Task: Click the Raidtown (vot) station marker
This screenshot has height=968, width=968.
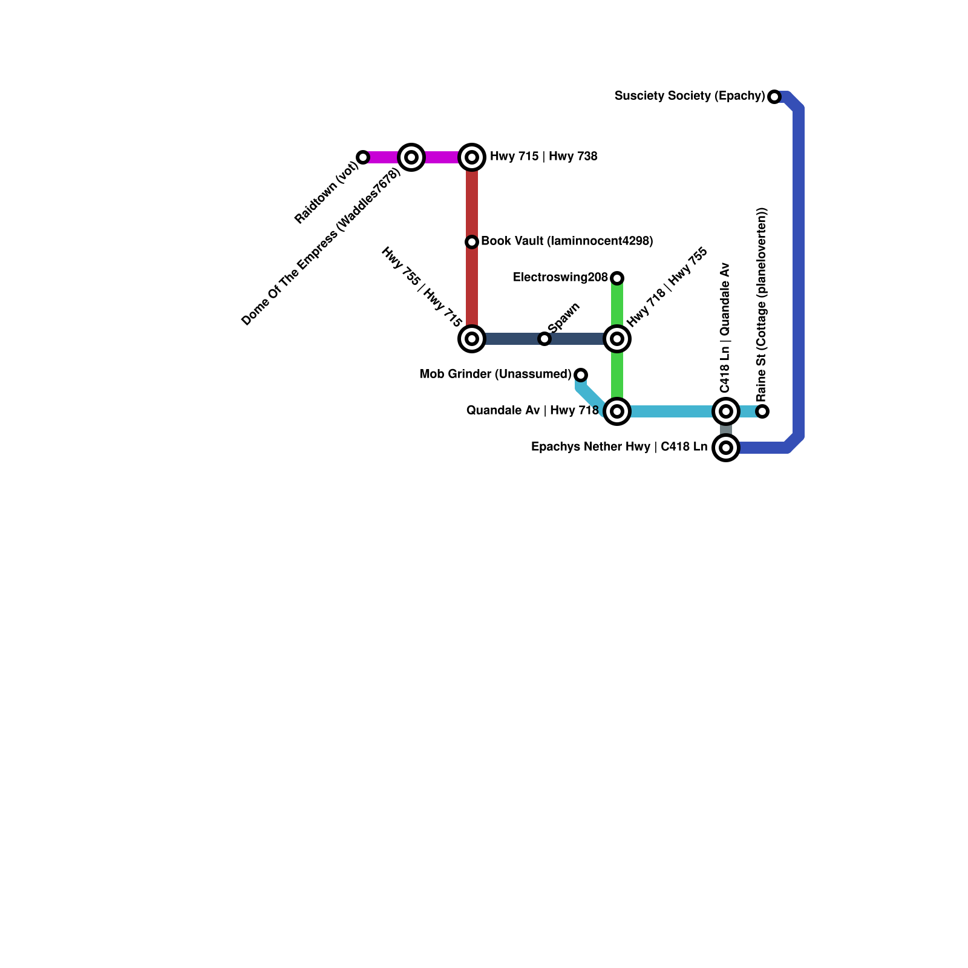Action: click(363, 157)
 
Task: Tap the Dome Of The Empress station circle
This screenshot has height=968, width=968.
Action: click(411, 157)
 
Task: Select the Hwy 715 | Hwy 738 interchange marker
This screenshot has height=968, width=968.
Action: click(472, 157)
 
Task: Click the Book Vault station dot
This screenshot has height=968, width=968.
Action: click(472, 242)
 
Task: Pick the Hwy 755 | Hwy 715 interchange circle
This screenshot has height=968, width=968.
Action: click(472, 339)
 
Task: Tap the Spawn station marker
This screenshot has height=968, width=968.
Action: click(544, 339)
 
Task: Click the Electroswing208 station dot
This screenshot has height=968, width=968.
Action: click(617, 278)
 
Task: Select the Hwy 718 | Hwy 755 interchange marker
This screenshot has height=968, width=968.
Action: click(617, 339)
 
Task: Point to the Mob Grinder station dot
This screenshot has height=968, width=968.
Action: click(581, 375)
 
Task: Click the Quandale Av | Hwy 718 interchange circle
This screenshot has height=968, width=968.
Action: click(617, 411)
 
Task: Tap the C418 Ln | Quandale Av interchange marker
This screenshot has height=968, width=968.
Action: click(726, 411)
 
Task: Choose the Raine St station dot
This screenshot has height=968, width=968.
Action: click(763, 411)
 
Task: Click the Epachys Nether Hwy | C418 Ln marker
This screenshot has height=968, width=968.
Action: click(726, 448)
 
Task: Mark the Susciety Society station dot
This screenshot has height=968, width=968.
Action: click(774, 97)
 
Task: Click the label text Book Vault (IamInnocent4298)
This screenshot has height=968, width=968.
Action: click(567, 241)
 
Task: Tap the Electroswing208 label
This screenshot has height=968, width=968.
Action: click(560, 278)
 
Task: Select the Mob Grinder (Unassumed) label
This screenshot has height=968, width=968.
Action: click(495, 374)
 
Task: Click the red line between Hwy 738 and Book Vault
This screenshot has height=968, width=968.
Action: click(472, 200)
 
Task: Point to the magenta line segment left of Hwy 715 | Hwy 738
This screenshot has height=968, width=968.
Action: click(442, 157)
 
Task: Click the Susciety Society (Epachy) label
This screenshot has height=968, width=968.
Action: click(690, 96)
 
